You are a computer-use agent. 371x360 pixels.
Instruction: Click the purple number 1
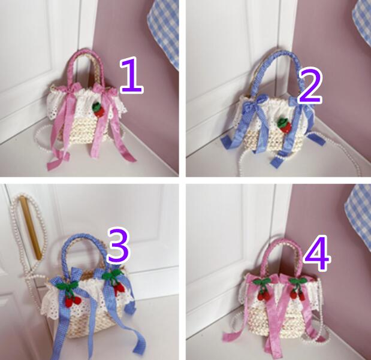pyautogui.click(x=131, y=75)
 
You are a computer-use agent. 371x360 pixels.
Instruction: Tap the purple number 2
pyautogui.click(x=310, y=86)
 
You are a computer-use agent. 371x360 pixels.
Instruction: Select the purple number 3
pyautogui.click(x=118, y=246)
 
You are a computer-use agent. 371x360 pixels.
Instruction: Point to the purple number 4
pyautogui.click(x=317, y=253)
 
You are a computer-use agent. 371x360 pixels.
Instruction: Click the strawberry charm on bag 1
pyautogui.click(x=97, y=109)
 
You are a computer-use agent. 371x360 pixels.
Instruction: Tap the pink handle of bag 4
pyautogui.click(x=284, y=242)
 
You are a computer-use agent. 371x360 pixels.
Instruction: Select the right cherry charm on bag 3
pyautogui.click(x=115, y=283)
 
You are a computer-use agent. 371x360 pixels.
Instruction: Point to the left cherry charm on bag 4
pyautogui.click(x=263, y=289)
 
